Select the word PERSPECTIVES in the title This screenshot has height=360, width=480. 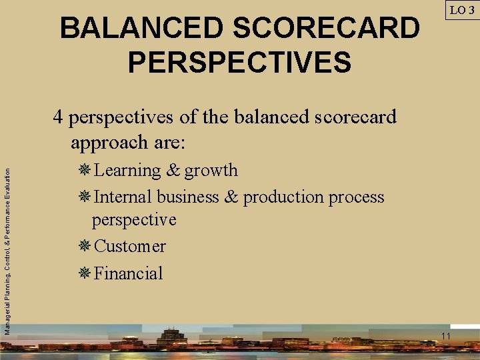[x=239, y=62]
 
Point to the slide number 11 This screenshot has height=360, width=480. [x=446, y=335]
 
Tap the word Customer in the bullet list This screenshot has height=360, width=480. [x=130, y=247]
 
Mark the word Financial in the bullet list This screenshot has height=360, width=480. [x=129, y=273]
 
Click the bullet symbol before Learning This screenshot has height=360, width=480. [x=85, y=170]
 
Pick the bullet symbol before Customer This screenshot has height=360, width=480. [x=85, y=246]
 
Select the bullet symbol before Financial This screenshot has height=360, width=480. [x=85, y=273]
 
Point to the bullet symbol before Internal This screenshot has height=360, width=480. [x=85, y=197]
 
